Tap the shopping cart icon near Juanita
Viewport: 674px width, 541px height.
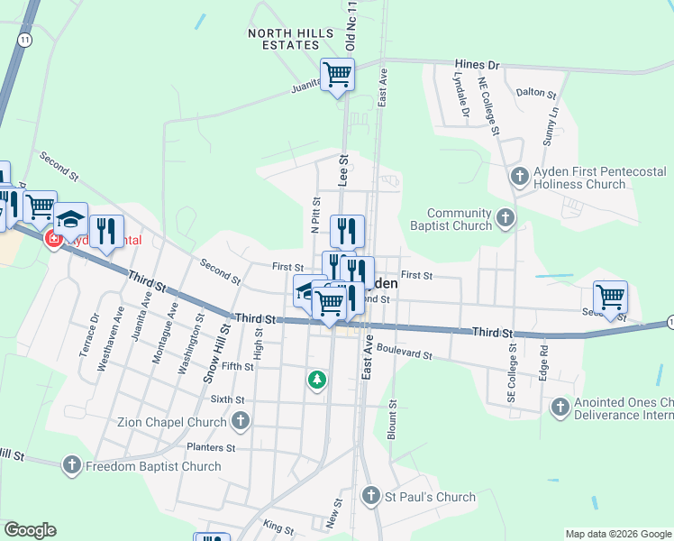338,74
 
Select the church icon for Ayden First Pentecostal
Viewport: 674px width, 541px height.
518,177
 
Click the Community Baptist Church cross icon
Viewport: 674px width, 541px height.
505,218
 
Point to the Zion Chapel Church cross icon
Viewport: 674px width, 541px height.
241,421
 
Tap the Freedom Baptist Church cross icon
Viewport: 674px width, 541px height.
72,466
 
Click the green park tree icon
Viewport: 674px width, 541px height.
316,381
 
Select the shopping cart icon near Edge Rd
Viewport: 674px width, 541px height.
611,298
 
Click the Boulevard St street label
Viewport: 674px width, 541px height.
405,353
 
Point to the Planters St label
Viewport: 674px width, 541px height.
211,447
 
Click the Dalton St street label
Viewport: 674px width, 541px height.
535,93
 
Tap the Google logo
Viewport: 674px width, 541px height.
30,530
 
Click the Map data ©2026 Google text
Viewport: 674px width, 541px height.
617,534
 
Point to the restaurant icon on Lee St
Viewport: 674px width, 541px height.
347,232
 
